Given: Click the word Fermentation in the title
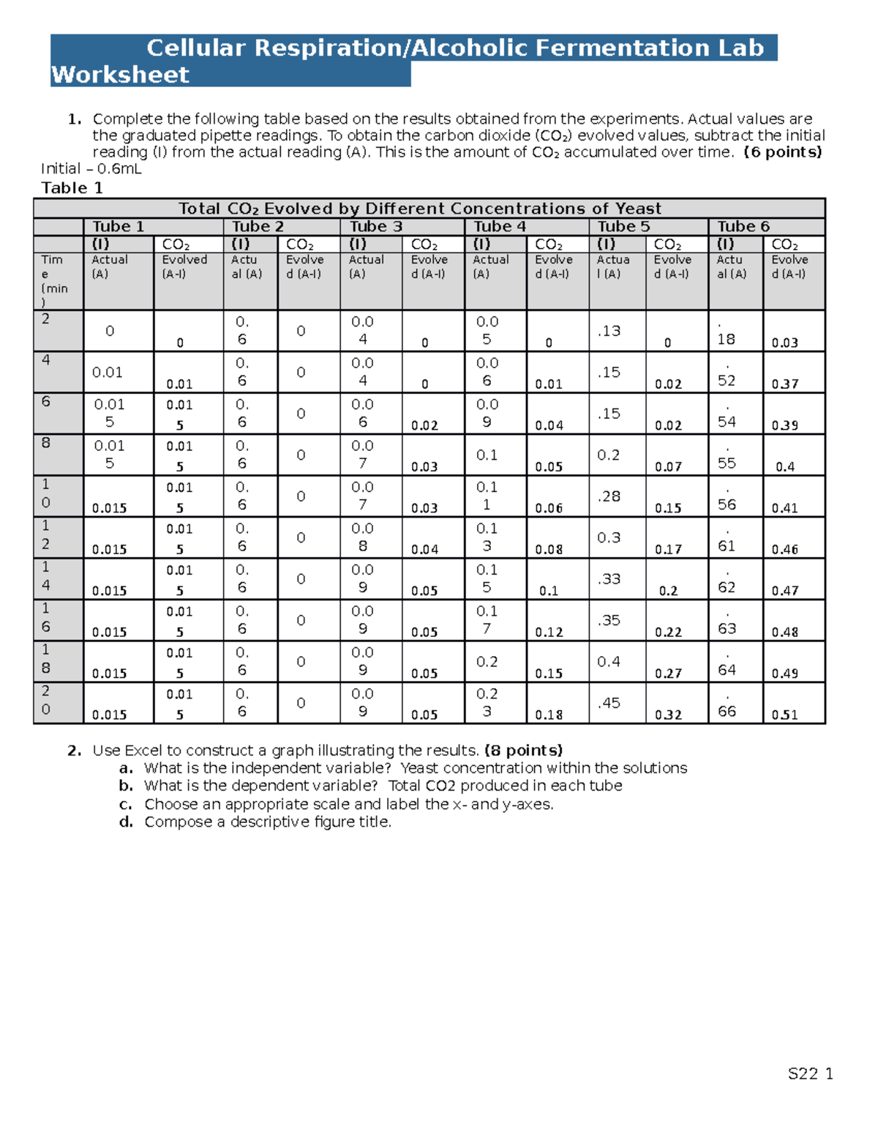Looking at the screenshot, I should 623,48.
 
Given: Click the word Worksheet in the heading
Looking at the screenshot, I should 120,75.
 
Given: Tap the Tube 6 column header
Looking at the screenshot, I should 743,226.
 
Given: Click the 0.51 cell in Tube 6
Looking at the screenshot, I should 784,715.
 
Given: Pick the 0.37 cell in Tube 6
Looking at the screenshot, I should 784,384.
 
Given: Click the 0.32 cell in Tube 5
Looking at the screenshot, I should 668,715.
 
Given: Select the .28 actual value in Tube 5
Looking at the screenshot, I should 609,496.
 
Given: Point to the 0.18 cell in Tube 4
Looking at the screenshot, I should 549,715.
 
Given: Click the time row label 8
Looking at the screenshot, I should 46,443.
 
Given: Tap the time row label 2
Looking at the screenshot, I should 46,318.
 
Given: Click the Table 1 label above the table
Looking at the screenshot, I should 72,188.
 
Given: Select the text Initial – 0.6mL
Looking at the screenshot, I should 91,168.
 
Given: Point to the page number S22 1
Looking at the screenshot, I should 810,1074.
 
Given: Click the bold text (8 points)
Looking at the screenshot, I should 523,750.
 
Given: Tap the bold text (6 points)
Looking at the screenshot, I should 782,152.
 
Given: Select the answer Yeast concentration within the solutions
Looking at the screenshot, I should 544,768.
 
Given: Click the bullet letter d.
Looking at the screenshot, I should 126,822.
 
